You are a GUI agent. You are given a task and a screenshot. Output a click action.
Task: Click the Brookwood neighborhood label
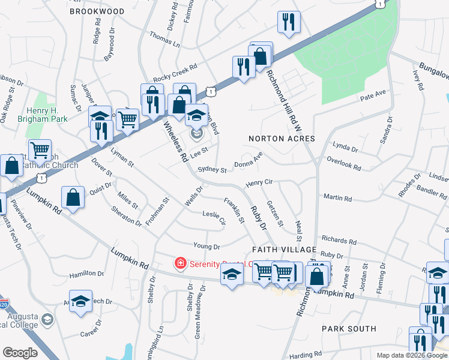[97, 11]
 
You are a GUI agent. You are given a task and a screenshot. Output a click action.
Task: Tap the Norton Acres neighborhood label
[282, 139]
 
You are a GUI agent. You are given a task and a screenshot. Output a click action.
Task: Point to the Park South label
[349, 329]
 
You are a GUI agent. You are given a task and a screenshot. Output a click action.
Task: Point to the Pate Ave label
[372, 95]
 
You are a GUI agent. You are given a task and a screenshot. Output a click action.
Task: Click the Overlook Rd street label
[343, 164]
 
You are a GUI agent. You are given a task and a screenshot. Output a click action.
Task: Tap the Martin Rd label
[337, 197]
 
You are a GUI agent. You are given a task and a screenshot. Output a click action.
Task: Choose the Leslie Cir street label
[214, 217]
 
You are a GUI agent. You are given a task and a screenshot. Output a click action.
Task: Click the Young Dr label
[206, 246]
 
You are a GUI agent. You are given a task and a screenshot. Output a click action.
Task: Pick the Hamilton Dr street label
[86, 274]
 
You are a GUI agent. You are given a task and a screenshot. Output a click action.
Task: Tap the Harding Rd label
[306, 355]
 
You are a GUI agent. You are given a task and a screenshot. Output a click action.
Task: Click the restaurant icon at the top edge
[289, 22]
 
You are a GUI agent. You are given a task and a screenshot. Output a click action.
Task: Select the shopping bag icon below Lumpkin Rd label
[73, 199]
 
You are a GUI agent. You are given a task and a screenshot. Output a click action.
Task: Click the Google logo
[20, 353]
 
